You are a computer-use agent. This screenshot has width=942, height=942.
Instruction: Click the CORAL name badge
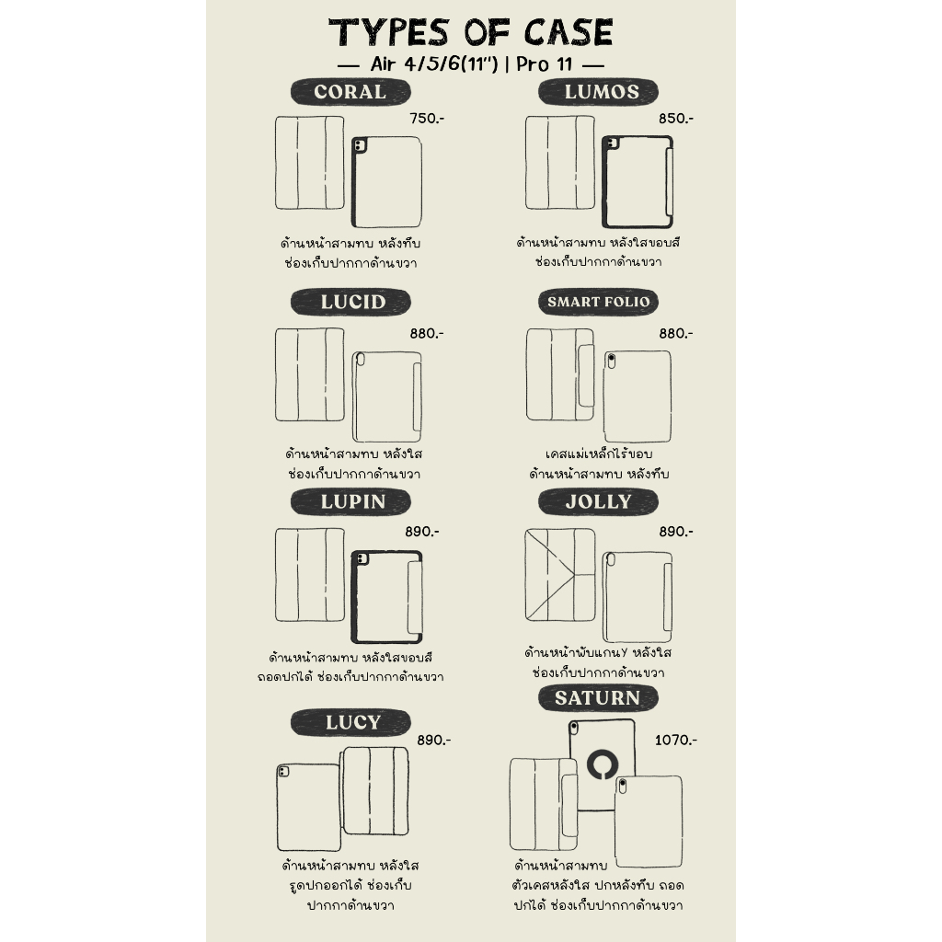350,92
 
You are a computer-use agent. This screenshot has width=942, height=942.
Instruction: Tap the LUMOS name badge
598,92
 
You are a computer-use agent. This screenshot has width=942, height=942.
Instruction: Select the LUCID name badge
350,302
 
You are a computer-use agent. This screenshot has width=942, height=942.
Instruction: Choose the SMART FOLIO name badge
598,302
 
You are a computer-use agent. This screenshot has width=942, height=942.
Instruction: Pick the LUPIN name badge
350,501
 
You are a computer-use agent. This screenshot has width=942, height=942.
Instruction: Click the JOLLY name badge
598,501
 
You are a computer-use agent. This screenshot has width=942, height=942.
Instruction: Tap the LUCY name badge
350,722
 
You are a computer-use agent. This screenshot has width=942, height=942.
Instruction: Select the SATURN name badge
598,698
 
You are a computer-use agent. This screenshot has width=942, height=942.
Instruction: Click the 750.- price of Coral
427,119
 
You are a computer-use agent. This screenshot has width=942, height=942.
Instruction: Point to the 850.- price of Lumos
676,119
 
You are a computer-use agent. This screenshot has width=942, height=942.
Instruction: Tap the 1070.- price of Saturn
676,741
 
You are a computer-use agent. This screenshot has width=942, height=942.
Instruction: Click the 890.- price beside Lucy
434,741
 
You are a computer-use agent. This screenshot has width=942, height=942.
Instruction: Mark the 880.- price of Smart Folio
676,333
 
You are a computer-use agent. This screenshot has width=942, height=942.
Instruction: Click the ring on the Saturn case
603,752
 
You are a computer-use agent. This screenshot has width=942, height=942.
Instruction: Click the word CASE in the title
569,32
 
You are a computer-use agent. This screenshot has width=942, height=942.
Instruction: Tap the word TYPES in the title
389,32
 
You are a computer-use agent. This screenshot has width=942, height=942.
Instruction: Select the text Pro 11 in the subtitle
545,63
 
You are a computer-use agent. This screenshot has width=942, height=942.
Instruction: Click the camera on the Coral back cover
360,145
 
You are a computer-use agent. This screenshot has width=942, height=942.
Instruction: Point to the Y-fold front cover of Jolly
560,575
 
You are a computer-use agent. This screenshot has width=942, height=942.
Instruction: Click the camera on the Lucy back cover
283,772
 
